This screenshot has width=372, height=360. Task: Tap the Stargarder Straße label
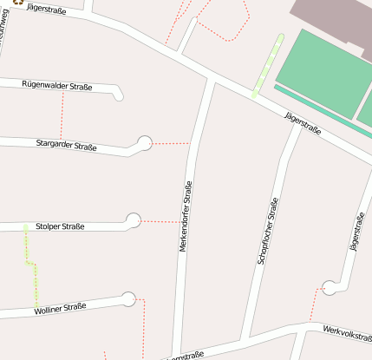point(68,144)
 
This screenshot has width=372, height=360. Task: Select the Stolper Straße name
point(60,226)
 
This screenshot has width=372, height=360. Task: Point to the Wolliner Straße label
point(60,308)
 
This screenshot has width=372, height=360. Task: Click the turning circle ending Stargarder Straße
point(144,143)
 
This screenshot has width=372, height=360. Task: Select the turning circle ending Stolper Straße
point(133,220)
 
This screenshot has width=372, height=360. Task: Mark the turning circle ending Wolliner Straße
point(129,299)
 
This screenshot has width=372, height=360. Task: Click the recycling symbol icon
point(16,3)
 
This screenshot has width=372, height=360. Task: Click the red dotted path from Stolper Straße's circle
point(160,222)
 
